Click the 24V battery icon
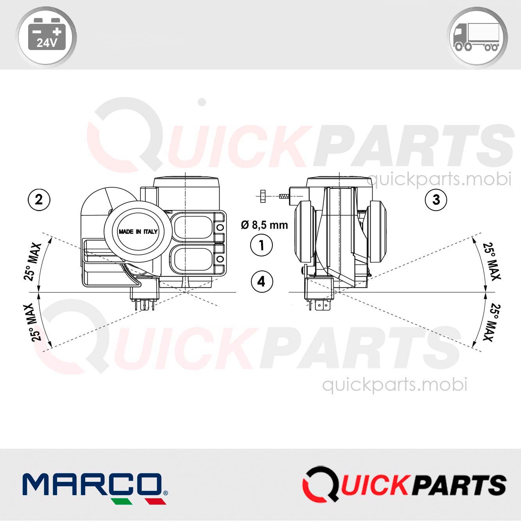pyautogui.click(x=47, y=34)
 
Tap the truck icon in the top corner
pyautogui.click(x=477, y=37)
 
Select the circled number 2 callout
pyautogui.click(x=39, y=200)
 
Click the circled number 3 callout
pyautogui.click(x=436, y=200)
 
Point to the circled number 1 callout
pyautogui.click(x=261, y=245)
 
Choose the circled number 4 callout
pyautogui.click(x=262, y=282)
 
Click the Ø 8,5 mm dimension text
pyautogui.click(x=265, y=225)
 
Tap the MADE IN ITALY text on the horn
pyautogui.click(x=138, y=232)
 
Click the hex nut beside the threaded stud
pyautogui.click(x=262, y=196)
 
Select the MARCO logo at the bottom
pyautogui.click(x=95, y=489)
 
